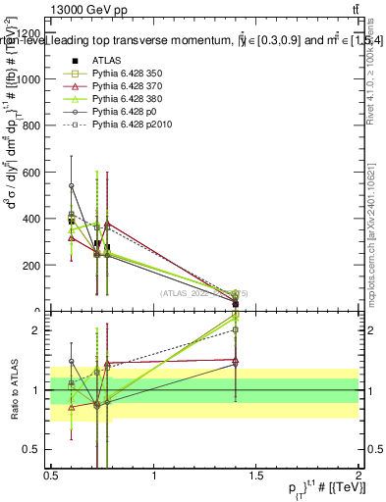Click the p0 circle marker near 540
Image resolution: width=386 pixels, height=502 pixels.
pyautogui.click(x=71, y=185)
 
